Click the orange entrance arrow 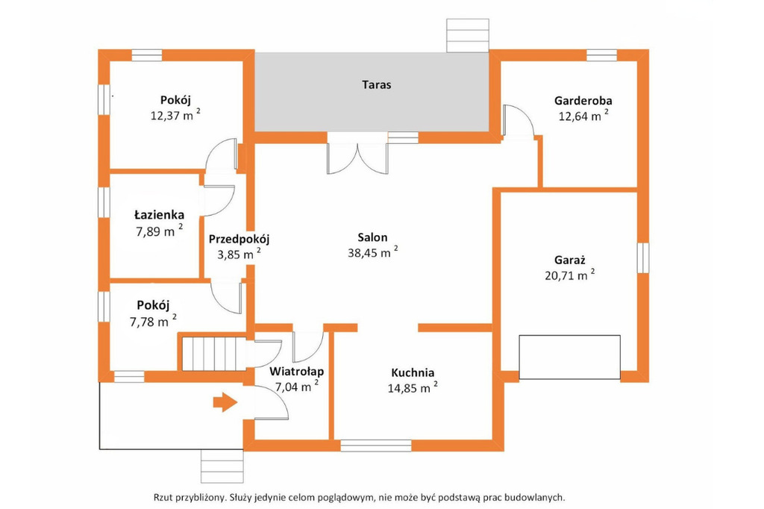click(225, 402)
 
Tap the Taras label click(377, 85)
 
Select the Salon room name click(373, 237)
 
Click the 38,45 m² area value click(373, 252)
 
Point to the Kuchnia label click(413, 373)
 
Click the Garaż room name click(569, 260)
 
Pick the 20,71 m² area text click(569, 275)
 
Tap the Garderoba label click(583, 101)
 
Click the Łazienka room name click(160, 214)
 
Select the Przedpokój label click(239, 240)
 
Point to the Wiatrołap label click(297, 372)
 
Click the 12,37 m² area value click(175, 115)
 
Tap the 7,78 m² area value click(153, 321)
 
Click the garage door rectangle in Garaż click(569, 357)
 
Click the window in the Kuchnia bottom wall click(376, 446)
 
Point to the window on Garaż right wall click(643, 257)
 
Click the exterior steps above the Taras click(468, 36)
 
